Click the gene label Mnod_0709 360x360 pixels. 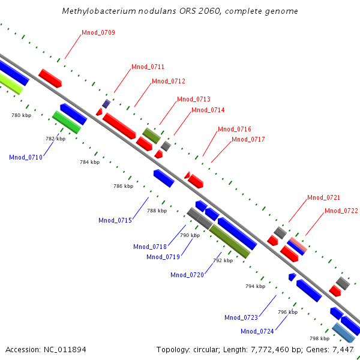click(98, 32)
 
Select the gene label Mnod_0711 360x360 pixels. click(148, 67)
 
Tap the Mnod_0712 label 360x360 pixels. click(169, 82)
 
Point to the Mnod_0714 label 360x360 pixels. click(208, 110)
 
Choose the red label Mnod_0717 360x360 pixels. click(248, 140)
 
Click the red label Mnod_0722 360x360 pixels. click(341, 211)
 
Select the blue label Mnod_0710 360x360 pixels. click(26, 158)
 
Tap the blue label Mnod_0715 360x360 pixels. click(115, 221)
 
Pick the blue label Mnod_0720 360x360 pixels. click(187, 275)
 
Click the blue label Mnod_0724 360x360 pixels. click(257, 332)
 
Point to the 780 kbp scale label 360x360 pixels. click(21, 115)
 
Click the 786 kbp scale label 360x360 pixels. click(123, 187)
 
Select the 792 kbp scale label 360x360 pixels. click(223, 261)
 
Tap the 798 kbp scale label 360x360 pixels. click(319, 338)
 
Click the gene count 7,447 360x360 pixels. click(343, 349)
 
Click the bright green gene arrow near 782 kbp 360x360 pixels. click(67, 122)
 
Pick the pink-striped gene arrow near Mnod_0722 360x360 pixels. click(297, 246)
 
